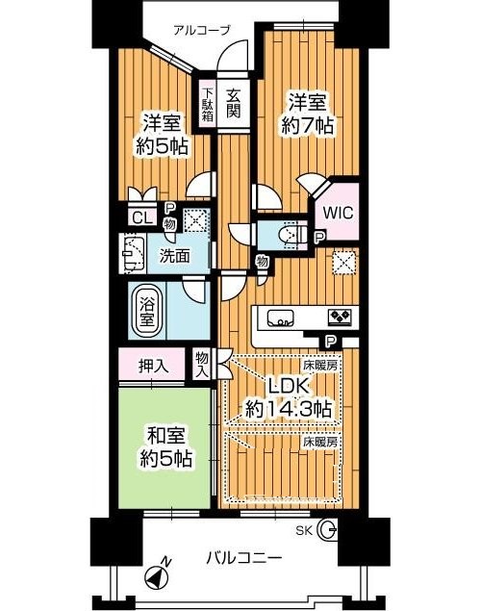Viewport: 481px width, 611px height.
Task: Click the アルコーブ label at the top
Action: [202, 30]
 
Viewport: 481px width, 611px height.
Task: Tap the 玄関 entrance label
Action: [233, 103]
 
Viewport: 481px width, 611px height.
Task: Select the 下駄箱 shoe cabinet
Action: [208, 104]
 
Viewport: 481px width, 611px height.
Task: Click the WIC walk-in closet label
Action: [338, 213]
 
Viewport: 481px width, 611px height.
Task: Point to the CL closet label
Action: [141, 217]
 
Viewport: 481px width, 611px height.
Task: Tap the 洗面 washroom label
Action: [175, 256]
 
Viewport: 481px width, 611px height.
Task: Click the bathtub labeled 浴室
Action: [147, 311]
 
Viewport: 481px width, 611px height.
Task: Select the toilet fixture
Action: [291, 234]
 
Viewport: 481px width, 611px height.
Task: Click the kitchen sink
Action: [280, 317]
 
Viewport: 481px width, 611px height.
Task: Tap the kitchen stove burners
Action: [340, 317]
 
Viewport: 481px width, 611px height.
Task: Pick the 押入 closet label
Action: [154, 366]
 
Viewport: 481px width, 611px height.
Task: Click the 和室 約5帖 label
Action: [166, 447]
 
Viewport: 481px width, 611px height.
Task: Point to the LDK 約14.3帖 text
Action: [289, 397]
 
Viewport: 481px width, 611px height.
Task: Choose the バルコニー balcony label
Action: [243, 558]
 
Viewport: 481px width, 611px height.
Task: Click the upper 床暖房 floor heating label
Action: [320, 366]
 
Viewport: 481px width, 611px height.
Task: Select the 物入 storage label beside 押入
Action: [202, 364]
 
